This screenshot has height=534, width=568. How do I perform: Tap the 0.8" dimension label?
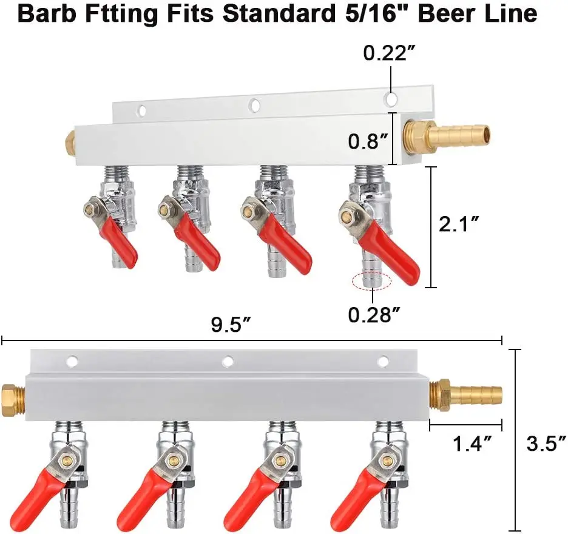coord(368,141)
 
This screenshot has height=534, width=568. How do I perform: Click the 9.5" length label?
coord(231,325)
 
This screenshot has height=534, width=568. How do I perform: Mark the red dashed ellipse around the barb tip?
coord(372,281)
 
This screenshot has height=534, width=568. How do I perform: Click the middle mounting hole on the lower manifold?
coord(228,362)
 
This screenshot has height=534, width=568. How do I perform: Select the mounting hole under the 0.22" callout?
coord(392,97)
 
